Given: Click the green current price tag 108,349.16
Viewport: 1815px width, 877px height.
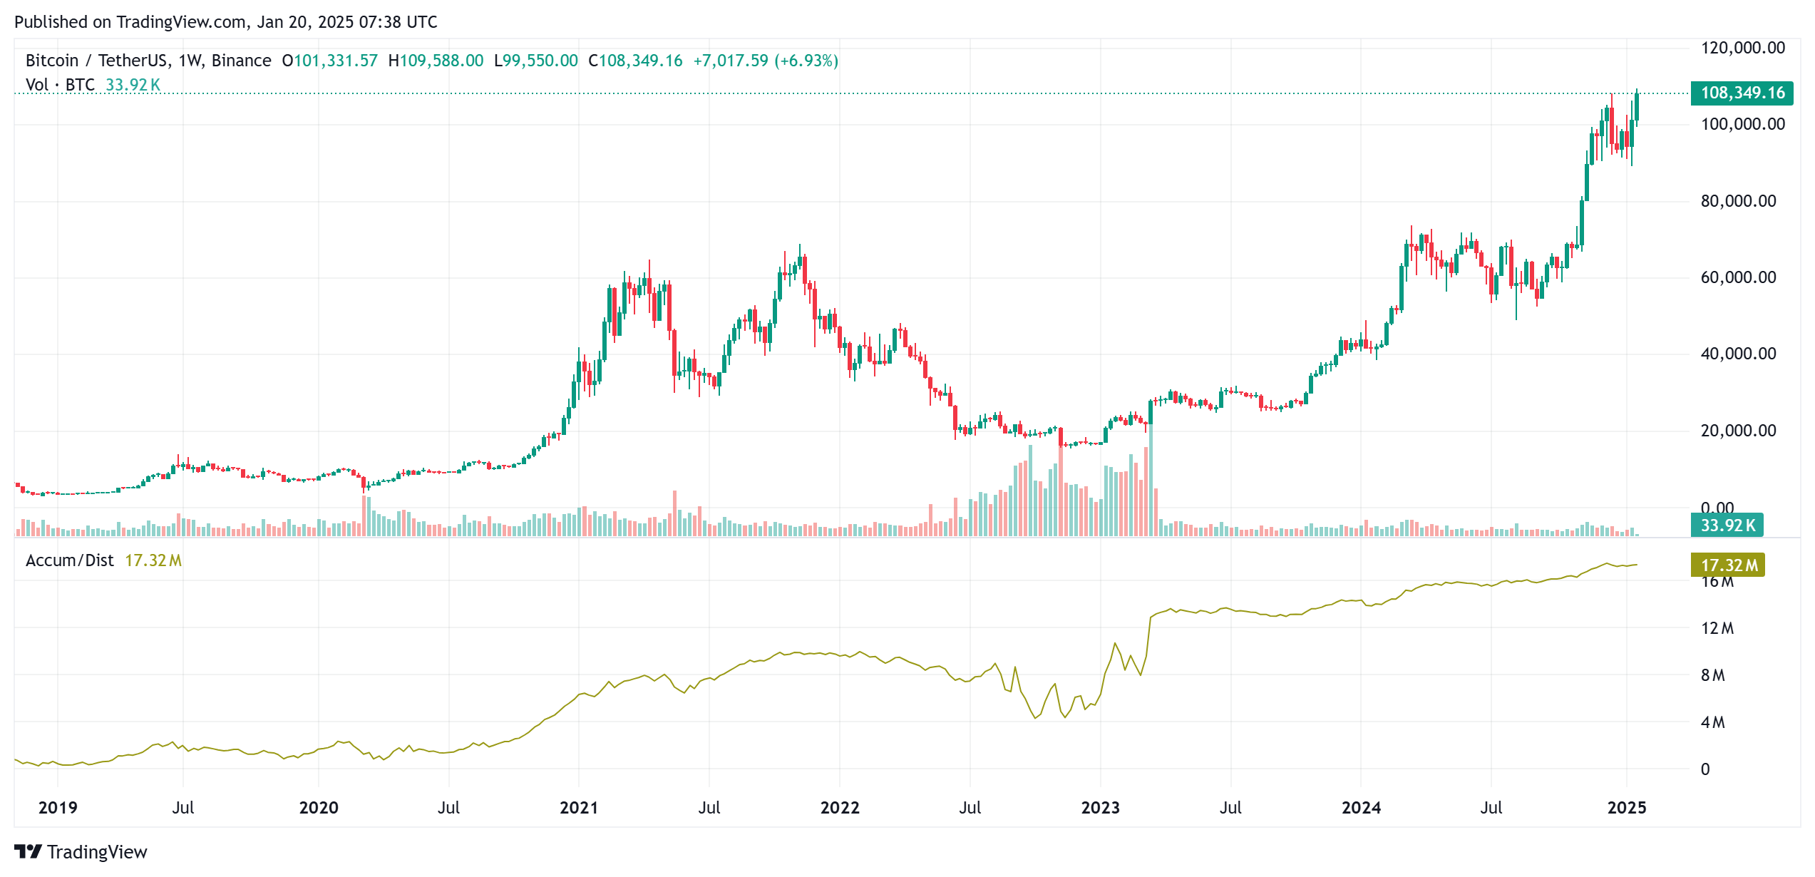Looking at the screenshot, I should pos(1742,93).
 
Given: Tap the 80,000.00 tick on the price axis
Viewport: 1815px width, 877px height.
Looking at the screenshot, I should pos(1738,201).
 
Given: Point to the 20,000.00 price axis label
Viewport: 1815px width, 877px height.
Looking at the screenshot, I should pos(1738,431).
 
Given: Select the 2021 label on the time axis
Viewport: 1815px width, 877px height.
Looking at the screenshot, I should pos(579,808).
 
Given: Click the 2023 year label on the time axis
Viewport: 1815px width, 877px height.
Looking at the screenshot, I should pos(1100,808).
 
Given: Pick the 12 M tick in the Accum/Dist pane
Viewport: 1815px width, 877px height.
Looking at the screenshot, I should pos(1717,628).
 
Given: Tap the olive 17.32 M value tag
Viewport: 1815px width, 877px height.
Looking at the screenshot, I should pos(1727,565).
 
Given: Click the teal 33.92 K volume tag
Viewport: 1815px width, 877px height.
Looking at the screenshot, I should pos(1727,525).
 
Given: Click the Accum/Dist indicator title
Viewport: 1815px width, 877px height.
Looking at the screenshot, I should pos(70,560).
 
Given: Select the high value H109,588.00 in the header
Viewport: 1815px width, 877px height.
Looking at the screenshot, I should pos(436,61).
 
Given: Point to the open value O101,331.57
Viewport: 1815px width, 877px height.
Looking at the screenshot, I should pos(329,61).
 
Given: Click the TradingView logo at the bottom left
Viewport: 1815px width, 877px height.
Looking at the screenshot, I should pos(81,852).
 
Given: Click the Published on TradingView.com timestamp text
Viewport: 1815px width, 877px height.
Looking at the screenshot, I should pos(225,22).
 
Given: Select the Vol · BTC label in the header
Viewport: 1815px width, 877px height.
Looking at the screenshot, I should pos(60,85).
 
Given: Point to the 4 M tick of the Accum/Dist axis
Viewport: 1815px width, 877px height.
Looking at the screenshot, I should pos(1712,722).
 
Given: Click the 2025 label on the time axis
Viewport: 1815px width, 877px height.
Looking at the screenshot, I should pos(1627,808).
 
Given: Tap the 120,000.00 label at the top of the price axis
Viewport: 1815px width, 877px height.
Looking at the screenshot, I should pos(1742,48).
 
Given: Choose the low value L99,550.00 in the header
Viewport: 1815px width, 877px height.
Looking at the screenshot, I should pos(536,61).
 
